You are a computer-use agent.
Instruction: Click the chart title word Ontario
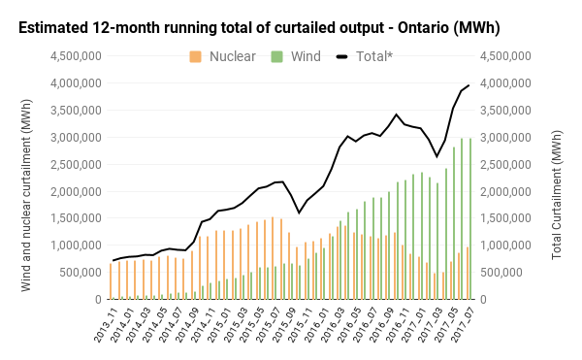click(x=423, y=28)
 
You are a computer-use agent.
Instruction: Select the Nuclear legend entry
click(x=222, y=56)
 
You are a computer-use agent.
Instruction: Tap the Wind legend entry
click(x=296, y=56)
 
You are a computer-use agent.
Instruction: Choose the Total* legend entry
click(x=365, y=56)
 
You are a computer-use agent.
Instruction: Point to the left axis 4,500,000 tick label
click(x=76, y=56)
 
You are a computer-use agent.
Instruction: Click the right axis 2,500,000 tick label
click(x=505, y=164)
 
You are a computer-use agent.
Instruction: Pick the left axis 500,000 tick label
click(x=81, y=272)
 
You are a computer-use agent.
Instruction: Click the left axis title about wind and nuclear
click(x=25, y=195)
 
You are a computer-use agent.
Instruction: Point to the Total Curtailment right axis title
click(x=557, y=195)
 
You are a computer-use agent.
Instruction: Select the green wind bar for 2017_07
click(x=470, y=218)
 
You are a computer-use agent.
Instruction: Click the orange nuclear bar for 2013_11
click(x=111, y=281)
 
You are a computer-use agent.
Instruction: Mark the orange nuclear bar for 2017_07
click(x=468, y=274)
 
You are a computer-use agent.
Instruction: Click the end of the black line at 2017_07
click(x=469, y=85)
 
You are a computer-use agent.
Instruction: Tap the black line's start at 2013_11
click(x=113, y=260)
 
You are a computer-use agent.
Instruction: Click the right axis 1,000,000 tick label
click(x=505, y=245)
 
